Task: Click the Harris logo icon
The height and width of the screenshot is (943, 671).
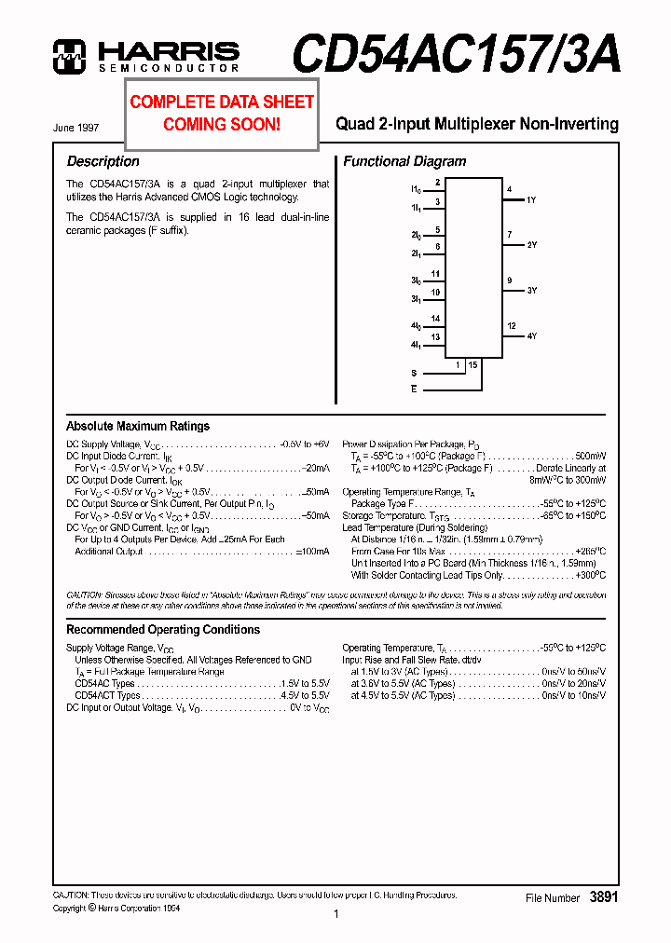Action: click(69, 56)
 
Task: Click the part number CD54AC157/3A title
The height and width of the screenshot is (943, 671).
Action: click(456, 54)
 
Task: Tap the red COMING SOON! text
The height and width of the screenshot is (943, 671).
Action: click(222, 124)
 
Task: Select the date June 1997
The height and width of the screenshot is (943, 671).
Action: click(75, 129)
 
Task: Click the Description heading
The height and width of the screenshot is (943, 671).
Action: click(103, 161)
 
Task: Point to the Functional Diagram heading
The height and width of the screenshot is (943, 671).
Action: click(404, 161)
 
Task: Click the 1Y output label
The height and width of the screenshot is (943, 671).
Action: click(531, 200)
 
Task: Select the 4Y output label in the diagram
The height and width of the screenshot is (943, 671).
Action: click(531, 335)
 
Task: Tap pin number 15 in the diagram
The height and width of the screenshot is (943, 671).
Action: click(473, 365)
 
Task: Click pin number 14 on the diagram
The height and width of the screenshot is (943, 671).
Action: click(435, 319)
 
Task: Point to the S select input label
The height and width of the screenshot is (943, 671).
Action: click(414, 373)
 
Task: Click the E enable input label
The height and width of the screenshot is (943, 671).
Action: click(414, 389)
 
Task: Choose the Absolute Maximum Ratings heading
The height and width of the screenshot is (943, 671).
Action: click(138, 426)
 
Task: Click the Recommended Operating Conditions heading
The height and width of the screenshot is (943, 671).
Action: click(163, 630)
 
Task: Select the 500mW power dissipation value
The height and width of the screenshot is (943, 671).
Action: click(590, 457)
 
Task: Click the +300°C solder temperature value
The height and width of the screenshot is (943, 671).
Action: click(590, 575)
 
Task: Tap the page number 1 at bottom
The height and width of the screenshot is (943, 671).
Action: click(335, 915)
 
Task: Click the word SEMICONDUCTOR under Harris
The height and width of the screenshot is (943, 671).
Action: click(169, 68)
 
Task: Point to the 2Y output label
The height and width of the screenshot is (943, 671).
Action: click(531, 245)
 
